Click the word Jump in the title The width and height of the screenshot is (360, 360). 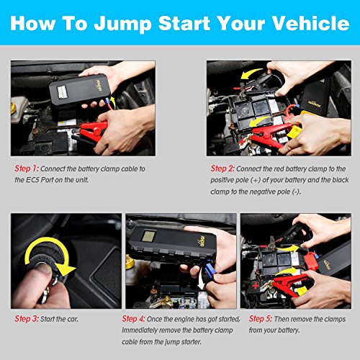pos(122,24)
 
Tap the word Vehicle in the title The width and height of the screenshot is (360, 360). pos(311,23)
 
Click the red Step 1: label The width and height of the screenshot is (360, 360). pos(27,168)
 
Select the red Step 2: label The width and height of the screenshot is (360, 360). pos(222,168)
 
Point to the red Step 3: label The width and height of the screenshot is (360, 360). pos(27,319)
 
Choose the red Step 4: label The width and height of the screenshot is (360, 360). pos(133,319)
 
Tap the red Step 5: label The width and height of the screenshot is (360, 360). pos(261,319)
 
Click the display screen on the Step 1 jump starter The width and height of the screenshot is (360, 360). pos(62,91)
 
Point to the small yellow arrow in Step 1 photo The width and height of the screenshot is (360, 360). pos(113,102)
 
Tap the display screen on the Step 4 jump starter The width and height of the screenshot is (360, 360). pos(147,236)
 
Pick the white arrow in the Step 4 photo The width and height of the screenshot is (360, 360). pos(202,279)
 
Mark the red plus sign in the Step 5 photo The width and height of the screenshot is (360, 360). pos(256,286)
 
